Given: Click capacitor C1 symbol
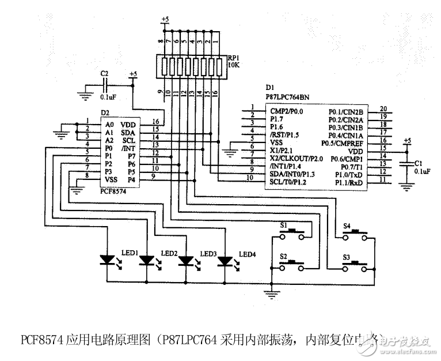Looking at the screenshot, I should click(407, 164).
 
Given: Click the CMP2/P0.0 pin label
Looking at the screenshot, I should click(286, 110).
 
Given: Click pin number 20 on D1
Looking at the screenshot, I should click(383, 108).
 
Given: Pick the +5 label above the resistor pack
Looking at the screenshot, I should click(165, 19).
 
